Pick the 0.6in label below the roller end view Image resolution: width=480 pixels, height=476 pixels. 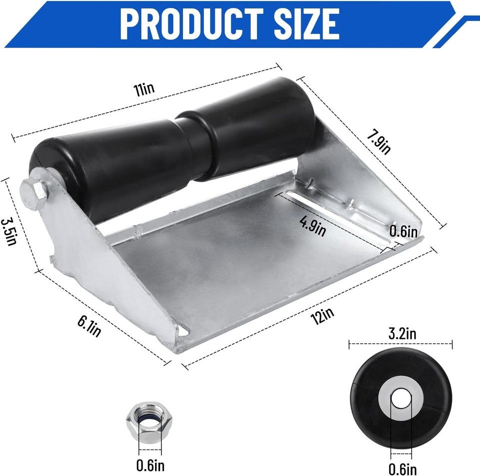[x=403, y=468]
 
